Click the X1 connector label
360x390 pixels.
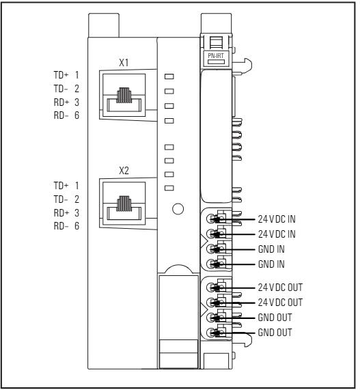coord(124,62)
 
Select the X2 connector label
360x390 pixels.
coord(124,171)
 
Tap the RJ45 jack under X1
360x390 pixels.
coord(124,95)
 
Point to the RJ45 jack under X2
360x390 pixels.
coord(124,204)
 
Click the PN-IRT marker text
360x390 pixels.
coord(216,56)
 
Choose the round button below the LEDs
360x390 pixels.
coord(178,209)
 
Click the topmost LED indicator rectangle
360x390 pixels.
coord(169,76)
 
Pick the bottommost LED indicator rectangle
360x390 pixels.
coord(169,188)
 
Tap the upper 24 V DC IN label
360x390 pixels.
coord(277,219)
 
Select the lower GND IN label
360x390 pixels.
coord(271,264)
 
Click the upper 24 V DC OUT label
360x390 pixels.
coord(280,288)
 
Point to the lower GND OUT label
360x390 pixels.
coord(275,333)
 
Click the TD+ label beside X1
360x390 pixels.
coord(61,75)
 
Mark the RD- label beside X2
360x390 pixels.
coord(61,226)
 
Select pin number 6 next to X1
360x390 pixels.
coord(77,115)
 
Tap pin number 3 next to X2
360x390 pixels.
coord(77,213)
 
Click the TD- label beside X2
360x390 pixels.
coord(61,199)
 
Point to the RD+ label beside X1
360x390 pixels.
coord(61,102)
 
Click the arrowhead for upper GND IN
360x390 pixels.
coord(215,249)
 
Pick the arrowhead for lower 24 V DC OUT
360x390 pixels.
coord(215,303)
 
